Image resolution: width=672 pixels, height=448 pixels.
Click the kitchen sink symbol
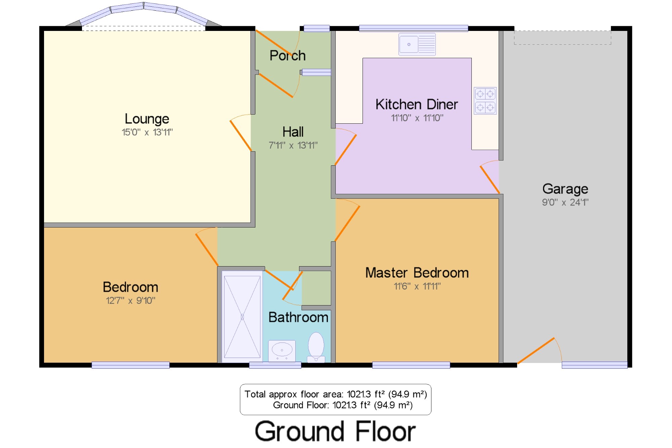[417, 44]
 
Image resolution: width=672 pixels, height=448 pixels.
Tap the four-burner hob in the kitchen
[485, 101]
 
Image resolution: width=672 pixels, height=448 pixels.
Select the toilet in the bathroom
[316, 348]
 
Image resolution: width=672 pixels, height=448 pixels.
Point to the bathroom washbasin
[282, 351]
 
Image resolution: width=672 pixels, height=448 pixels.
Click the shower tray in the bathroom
[242, 317]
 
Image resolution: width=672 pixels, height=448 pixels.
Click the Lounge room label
[147, 119]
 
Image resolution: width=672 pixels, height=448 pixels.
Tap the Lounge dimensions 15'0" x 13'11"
[147, 132]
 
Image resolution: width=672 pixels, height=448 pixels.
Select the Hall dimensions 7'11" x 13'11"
[293, 145]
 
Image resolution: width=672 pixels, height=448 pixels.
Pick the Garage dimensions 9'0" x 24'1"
[565, 202]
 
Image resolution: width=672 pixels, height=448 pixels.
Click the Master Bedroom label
[417, 273]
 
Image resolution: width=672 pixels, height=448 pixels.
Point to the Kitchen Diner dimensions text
[417, 118]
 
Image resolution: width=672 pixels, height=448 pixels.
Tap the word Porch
[288, 55]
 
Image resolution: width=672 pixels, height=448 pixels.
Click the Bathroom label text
[298, 317]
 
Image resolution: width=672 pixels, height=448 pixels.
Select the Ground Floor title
[335, 431]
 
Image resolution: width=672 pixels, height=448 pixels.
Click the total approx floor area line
[336, 394]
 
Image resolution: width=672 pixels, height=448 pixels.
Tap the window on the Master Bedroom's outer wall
[411, 365]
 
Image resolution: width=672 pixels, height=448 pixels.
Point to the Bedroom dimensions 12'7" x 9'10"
[131, 300]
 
